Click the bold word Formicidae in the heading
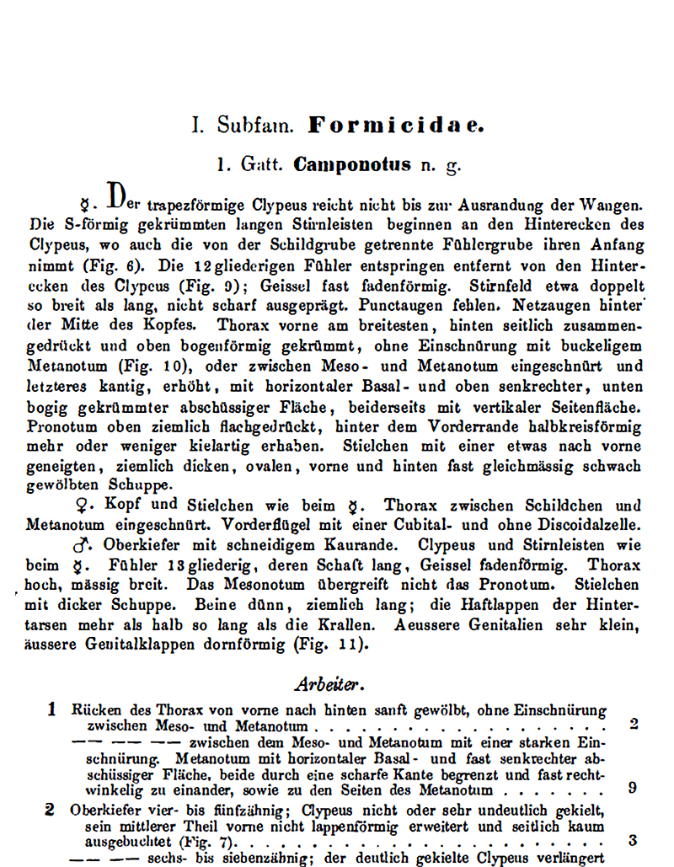pos(396,126)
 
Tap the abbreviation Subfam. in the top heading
pos(255,127)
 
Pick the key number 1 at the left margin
pos(51,709)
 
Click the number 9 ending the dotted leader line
pos(633,789)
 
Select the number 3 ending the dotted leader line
pos(633,840)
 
